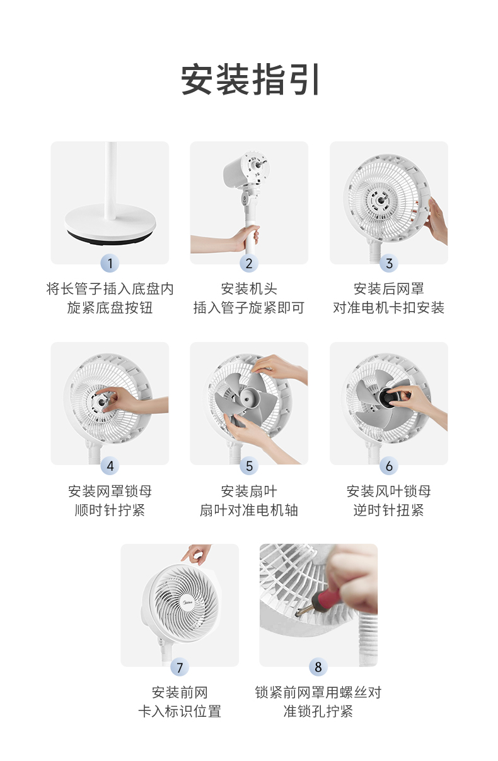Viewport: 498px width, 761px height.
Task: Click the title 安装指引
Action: pyautogui.click(x=249, y=79)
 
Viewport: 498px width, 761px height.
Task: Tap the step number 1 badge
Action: pyautogui.click(x=110, y=263)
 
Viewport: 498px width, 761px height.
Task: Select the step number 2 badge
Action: pyautogui.click(x=249, y=263)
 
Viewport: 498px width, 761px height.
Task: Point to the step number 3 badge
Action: pyautogui.click(x=389, y=263)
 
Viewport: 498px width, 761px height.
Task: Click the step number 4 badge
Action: pyautogui.click(x=110, y=466)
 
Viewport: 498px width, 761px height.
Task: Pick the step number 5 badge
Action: pyautogui.click(x=249, y=466)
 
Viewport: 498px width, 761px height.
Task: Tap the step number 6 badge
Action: pyautogui.click(x=389, y=466)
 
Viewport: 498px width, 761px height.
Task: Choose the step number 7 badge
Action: pyautogui.click(x=180, y=667)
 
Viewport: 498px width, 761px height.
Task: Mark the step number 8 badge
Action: pyautogui.click(x=318, y=667)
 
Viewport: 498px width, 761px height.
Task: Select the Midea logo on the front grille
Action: pyautogui.click(x=188, y=602)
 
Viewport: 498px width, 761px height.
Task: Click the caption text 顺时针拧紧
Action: pyautogui.click(x=110, y=510)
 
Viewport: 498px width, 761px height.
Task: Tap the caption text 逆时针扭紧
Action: pyautogui.click(x=389, y=510)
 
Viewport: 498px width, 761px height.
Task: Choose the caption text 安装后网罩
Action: pyautogui.click(x=389, y=289)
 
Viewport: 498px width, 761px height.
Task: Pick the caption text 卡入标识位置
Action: pyautogui.click(x=180, y=711)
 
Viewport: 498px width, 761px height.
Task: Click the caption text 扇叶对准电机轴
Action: pyautogui.click(x=249, y=510)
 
